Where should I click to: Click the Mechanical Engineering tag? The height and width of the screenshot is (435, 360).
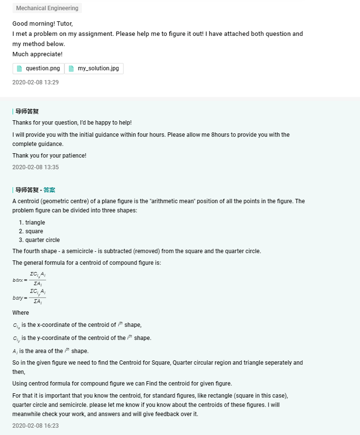pos(47,8)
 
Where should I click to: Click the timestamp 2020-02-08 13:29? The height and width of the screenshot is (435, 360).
pos(35,82)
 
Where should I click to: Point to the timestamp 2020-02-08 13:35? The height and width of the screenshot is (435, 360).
pos(35,167)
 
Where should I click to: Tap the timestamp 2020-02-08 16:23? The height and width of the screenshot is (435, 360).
pos(35,426)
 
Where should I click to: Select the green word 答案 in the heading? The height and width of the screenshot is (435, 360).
pos(49,190)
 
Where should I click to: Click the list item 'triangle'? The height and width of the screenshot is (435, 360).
pos(35,223)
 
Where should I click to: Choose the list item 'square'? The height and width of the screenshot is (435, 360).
pos(34,231)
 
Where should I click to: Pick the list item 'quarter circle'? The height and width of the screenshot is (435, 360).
pos(43,240)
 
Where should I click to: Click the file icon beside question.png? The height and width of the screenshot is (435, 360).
pos(20,68)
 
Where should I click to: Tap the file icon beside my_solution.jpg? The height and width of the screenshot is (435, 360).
pos(71,68)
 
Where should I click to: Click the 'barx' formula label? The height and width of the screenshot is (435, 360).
pos(18,280)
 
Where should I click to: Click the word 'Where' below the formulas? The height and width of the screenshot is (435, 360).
pos(21,313)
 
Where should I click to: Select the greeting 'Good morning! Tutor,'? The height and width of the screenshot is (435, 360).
pos(42,23)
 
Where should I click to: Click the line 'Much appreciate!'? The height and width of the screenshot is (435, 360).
pos(37,54)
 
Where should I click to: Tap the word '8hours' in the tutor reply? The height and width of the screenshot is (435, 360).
pos(214,135)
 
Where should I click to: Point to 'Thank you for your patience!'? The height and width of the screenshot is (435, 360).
pos(49,156)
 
